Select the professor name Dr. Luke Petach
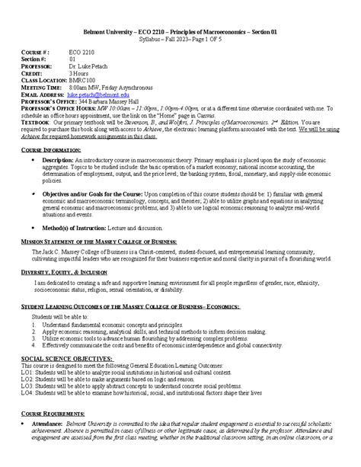point(90,64)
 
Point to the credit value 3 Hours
point(81,72)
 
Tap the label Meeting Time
point(42,86)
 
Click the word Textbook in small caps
point(35,121)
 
